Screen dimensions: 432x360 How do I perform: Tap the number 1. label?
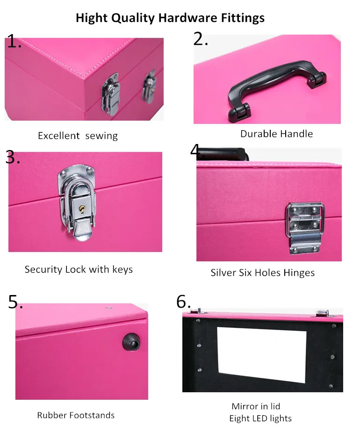14,42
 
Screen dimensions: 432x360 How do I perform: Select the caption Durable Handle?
276,134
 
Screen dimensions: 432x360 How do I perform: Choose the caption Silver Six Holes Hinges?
262,273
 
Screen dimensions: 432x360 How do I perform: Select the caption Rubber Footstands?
76,415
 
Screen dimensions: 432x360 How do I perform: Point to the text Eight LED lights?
260,418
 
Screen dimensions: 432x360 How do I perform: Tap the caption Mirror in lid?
256,406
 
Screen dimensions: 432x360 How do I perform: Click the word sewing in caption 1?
101,136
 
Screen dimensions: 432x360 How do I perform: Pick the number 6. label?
184,302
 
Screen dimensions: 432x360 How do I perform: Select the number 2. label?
201,39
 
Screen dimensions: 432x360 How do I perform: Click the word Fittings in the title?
243,18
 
